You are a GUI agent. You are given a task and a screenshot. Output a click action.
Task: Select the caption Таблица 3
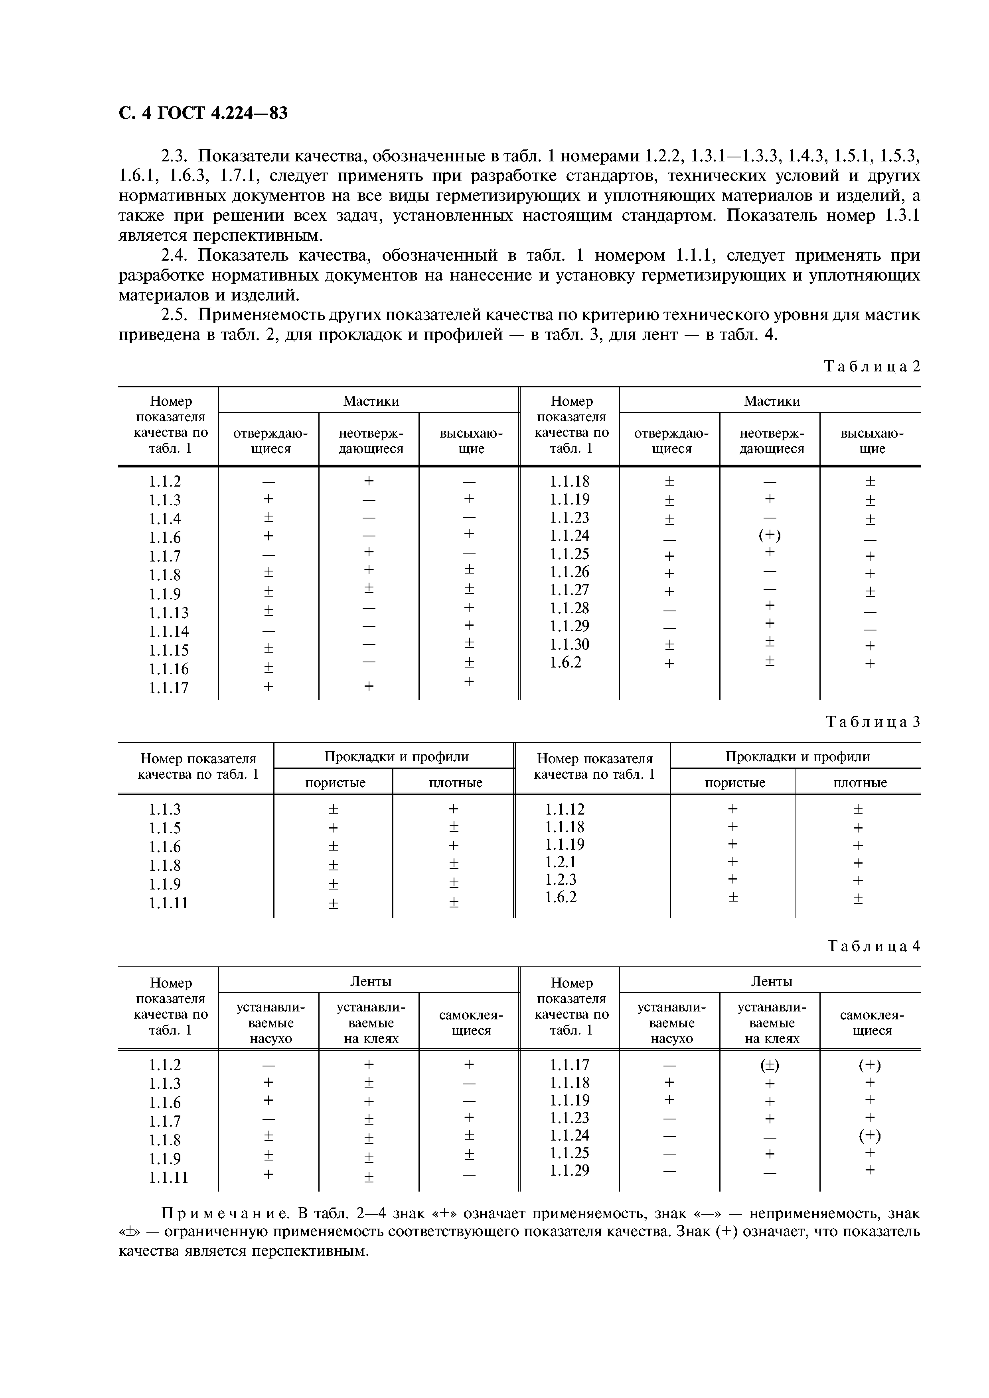point(872,722)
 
